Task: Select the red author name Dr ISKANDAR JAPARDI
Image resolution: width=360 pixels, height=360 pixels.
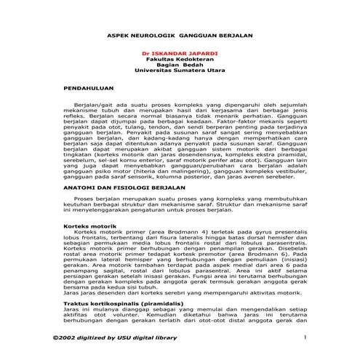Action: point(179,54)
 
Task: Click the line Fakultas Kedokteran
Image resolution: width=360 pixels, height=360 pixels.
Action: point(179,60)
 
